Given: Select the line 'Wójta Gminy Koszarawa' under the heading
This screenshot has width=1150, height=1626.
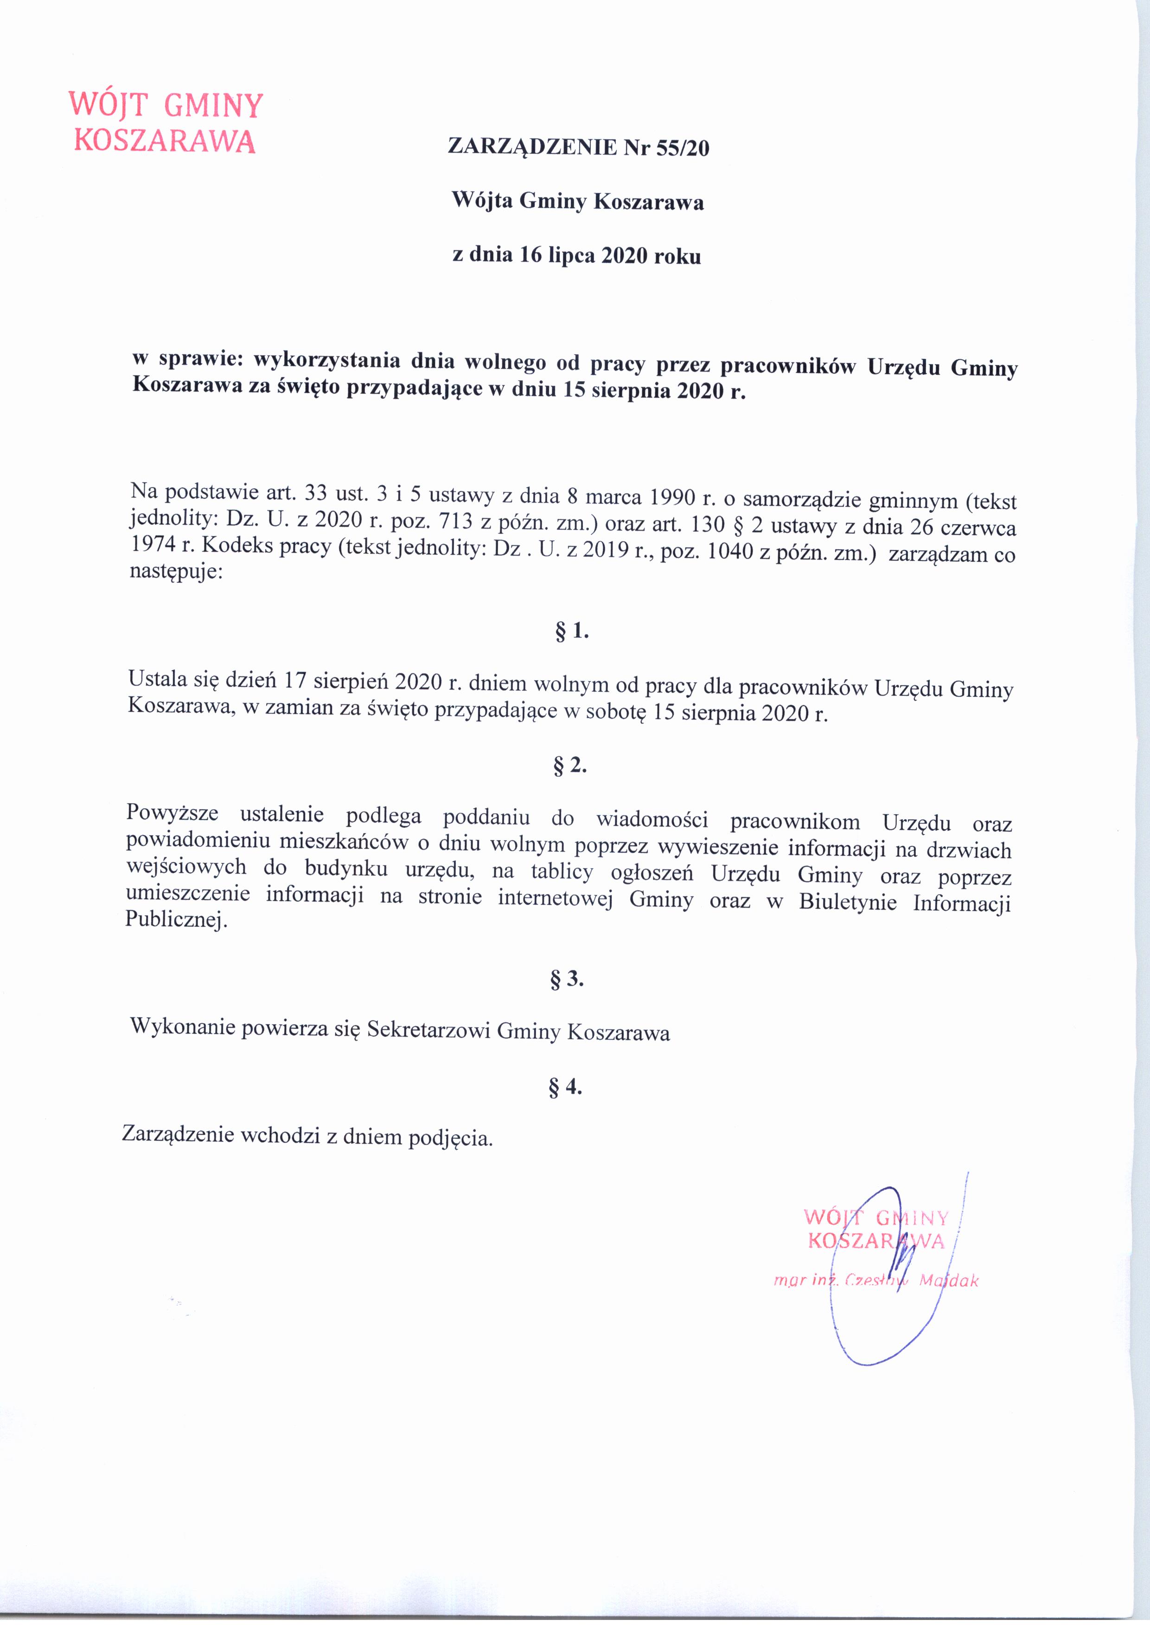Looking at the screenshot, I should click(x=578, y=203).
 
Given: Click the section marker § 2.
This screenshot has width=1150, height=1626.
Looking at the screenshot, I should click(x=570, y=766).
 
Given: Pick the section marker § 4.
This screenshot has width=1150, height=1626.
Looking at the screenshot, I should click(x=565, y=1087).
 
